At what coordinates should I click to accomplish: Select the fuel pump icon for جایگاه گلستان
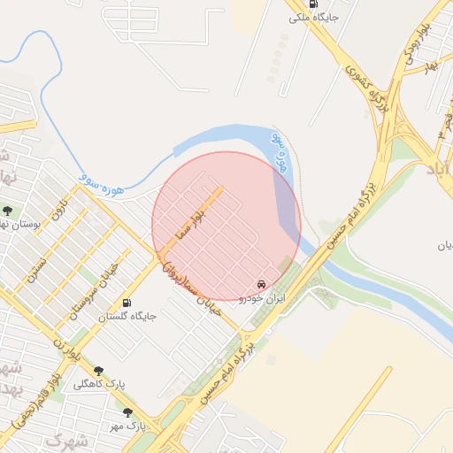(126, 303)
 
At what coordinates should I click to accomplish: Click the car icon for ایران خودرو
(260, 284)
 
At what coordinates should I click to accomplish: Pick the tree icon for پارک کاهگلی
(97, 372)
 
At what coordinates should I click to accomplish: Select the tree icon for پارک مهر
(127, 412)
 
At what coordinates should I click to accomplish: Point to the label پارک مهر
(129, 426)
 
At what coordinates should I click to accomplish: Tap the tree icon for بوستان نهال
(8, 211)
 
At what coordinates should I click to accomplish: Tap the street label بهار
(431, 66)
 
